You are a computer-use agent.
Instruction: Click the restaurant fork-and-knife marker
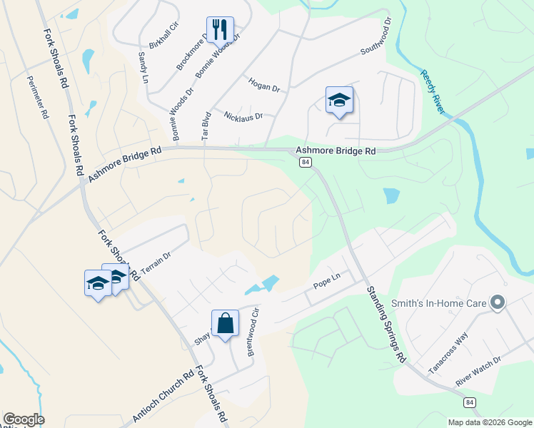219,30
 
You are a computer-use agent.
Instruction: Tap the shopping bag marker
225,324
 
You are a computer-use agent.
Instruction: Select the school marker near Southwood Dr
339,101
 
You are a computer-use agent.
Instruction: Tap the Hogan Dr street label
263,85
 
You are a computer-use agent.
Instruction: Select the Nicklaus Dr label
243,115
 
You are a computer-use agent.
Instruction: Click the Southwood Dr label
377,38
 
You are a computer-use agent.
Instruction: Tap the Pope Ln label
325,284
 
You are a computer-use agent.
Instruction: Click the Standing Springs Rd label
386,324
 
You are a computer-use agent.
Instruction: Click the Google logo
24,419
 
